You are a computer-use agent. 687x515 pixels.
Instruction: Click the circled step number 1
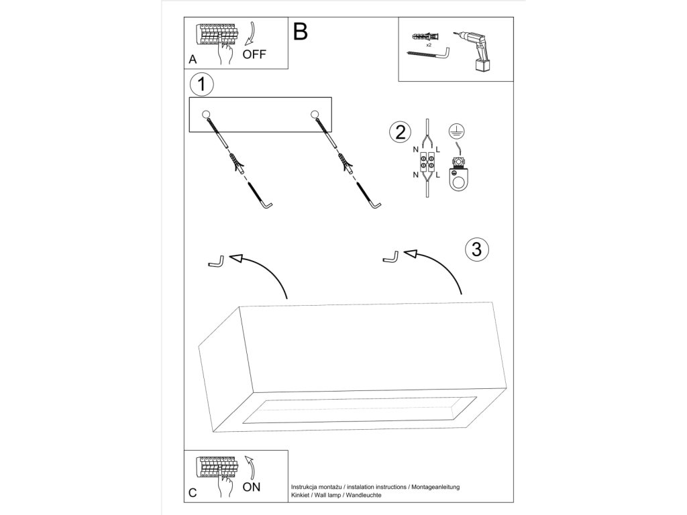pos(201,84)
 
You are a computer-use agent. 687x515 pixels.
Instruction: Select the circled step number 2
pos(400,131)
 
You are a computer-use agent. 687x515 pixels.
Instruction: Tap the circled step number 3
pos(476,249)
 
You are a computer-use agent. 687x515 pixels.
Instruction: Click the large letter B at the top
pos(301,31)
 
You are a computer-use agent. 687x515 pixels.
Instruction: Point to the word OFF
pos(254,56)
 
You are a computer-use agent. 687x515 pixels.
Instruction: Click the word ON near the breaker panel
pos(252,487)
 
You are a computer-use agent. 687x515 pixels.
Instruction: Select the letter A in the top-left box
pos(193,60)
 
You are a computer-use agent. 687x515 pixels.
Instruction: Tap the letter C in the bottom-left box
pos(193,493)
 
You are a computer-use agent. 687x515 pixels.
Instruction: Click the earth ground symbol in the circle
pos(456,132)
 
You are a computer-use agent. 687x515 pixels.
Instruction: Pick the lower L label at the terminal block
pos(437,175)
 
